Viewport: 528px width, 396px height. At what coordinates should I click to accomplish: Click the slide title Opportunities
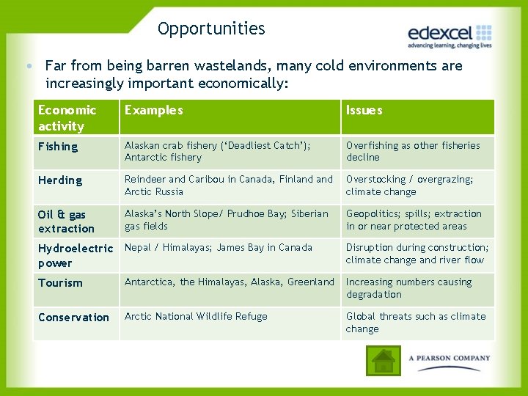point(211,29)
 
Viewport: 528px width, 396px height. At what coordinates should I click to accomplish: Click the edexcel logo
point(449,35)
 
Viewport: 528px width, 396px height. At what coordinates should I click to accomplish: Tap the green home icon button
point(383,361)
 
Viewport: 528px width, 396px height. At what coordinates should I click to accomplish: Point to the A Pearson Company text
point(449,359)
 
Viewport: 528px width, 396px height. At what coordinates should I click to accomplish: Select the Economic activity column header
point(67,118)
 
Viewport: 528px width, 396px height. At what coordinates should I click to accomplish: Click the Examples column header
point(154,111)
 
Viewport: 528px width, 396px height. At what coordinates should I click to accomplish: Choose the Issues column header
point(364,111)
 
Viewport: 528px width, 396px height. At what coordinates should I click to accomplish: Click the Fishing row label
point(58,147)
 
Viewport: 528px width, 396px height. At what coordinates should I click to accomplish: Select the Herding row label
point(60,180)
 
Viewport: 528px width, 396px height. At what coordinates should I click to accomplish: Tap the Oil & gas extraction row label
point(66,221)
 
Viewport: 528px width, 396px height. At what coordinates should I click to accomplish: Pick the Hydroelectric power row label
point(75,256)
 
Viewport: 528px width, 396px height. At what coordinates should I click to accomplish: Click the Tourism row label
point(60,283)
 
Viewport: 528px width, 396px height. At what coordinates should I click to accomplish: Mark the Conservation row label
point(73,318)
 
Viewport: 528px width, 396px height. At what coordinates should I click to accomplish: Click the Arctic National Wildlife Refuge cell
point(196,317)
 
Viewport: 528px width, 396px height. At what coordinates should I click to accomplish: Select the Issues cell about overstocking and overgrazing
point(409,186)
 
